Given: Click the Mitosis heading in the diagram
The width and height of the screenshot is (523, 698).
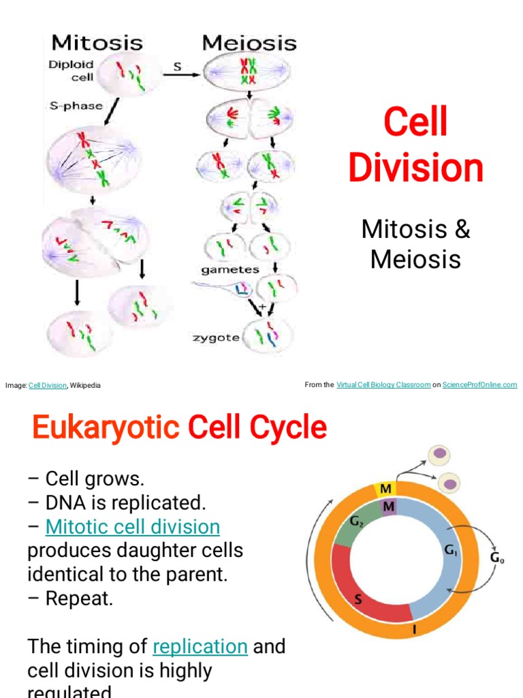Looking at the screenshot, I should [x=97, y=43].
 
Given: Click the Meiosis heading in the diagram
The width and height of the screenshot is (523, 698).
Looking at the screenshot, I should [x=249, y=43].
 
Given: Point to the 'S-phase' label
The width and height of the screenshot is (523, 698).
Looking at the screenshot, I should [x=76, y=106].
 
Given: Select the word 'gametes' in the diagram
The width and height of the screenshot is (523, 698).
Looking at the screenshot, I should [x=229, y=269].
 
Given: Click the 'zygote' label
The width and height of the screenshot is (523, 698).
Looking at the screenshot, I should [x=216, y=337].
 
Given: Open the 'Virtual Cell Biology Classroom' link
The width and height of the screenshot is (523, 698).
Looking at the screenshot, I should [x=383, y=385].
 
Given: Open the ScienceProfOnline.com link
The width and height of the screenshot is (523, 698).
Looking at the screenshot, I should [x=479, y=385].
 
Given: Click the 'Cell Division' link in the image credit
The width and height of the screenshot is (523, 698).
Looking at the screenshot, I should [x=48, y=386].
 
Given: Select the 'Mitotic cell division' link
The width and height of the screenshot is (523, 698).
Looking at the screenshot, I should [x=133, y=526].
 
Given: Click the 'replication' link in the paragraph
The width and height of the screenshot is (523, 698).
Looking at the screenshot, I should [x=200, y=646].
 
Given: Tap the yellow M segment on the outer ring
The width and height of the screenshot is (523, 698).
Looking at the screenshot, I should [x=386, y=489].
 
